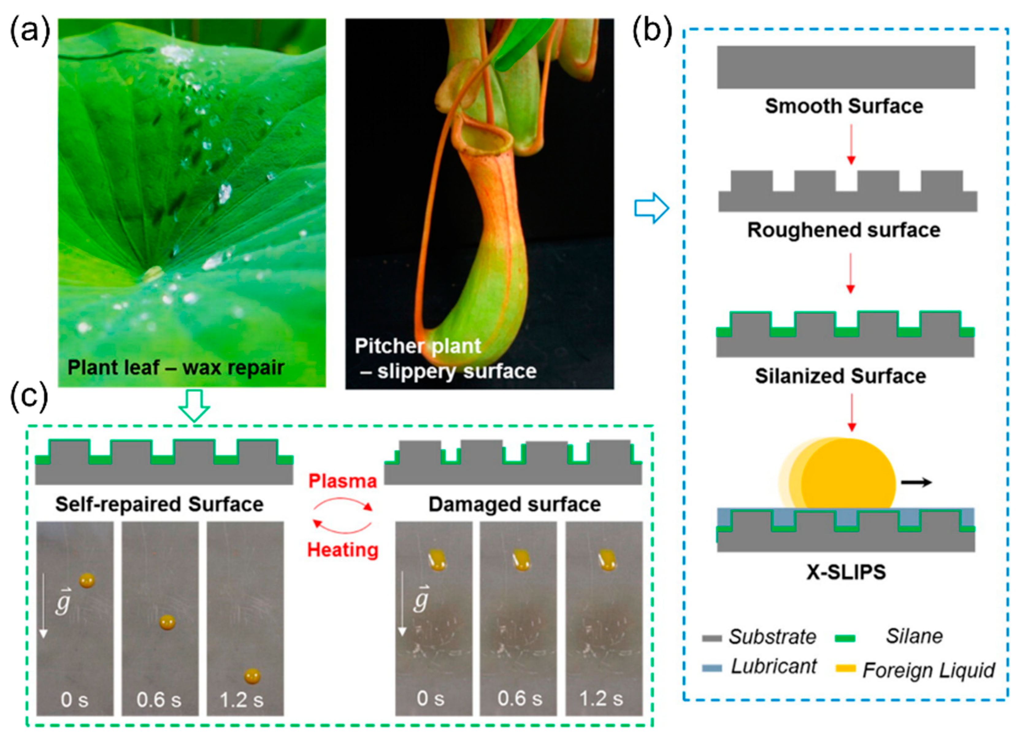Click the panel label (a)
point(30,33)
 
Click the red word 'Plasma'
point(342,481)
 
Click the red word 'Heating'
point(342,550)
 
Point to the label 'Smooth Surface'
point(843,106)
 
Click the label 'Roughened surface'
point(843,230)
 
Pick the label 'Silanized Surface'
point(840,376)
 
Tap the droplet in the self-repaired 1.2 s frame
point(252,676)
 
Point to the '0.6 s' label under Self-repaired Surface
point(159,700)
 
